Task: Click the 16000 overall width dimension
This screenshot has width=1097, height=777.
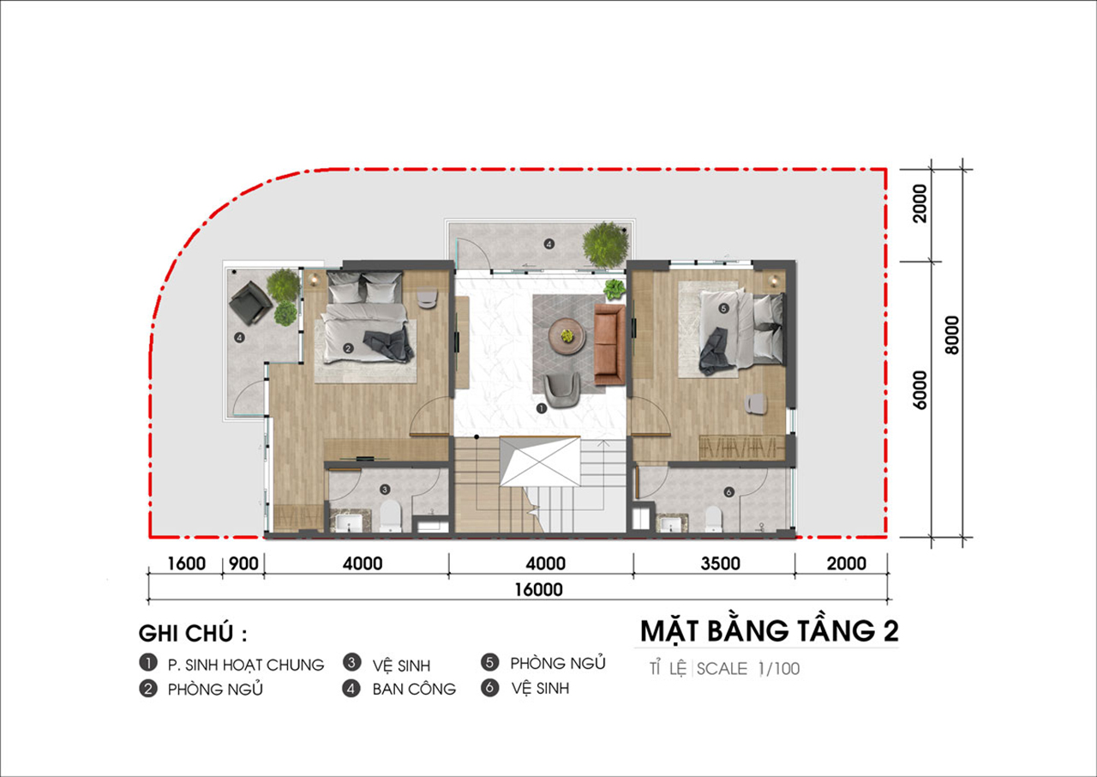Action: [538, 589]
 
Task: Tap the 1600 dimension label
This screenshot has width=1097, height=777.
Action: [187, 564]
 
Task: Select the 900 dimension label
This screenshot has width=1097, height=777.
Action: [243, 564]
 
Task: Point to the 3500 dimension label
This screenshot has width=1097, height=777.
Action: [721, 564]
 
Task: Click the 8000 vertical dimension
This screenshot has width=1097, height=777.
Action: [952, 335]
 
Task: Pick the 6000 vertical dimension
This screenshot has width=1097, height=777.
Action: [920, 390]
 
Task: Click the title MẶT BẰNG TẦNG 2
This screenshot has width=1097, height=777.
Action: [770, 631]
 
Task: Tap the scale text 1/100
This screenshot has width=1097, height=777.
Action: [779, 669]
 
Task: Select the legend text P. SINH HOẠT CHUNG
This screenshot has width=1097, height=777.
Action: [246, 665]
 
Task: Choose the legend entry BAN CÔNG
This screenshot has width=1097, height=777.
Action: [414, 690]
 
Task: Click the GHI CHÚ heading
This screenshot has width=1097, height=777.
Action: [193, 634]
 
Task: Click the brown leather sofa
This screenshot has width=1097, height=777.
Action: [609, 345]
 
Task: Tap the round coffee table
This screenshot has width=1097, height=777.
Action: [567, 336]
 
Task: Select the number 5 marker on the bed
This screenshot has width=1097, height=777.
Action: [723, 308]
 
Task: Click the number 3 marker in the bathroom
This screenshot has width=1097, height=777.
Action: [385, 490]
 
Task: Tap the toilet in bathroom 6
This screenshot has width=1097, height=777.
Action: [714, 519]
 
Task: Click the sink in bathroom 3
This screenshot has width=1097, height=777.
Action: [349, 522]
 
